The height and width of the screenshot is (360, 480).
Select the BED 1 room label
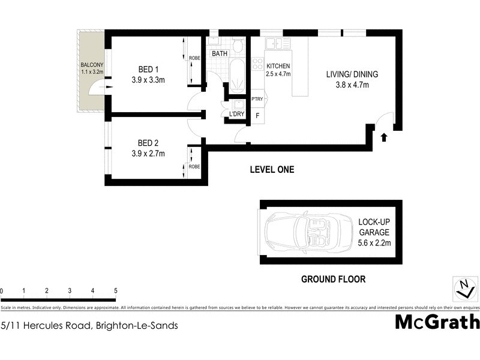click(x=148, y=68)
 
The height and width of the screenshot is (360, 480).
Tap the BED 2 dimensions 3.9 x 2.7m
click(x=148, y=153)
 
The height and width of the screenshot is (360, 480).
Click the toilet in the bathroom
click(x=238, y=44)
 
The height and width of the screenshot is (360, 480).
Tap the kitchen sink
click(x=278, y=43)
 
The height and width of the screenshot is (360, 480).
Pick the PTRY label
click(x=257, y=99)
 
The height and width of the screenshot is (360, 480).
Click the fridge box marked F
click(x=257, y=115)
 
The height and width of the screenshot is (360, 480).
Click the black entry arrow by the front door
click(x=384, y=137)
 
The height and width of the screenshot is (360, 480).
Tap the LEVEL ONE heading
click(x=272, y=170)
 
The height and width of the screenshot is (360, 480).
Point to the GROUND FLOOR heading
click(x=333, y=279)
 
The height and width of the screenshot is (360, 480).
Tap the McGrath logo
click(x=437, y=322)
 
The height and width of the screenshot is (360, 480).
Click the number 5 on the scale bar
click(x=116, y=290)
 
